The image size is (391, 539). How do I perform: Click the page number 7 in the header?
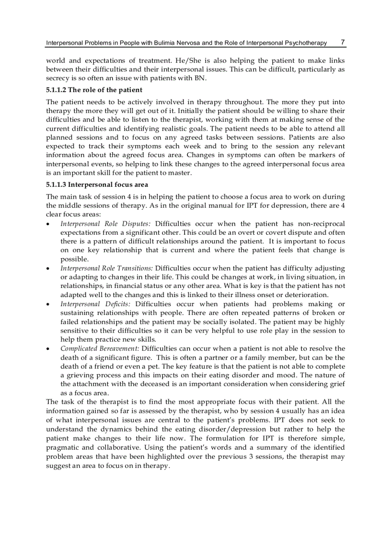click(x=343, y=42)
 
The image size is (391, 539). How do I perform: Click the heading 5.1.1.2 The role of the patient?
click(x=94, y=90)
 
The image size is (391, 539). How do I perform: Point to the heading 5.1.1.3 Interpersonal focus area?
click(x=97, y=184)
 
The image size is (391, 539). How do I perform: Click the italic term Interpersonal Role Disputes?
click(x=105, y=224)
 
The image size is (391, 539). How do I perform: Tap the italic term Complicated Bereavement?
click(x=100, y=348)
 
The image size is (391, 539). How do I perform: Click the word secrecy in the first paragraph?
click(x=57, y=79)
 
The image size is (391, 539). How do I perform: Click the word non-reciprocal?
click(x=321, y=224)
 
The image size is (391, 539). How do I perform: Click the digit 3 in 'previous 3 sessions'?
click(x=251, y=456)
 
